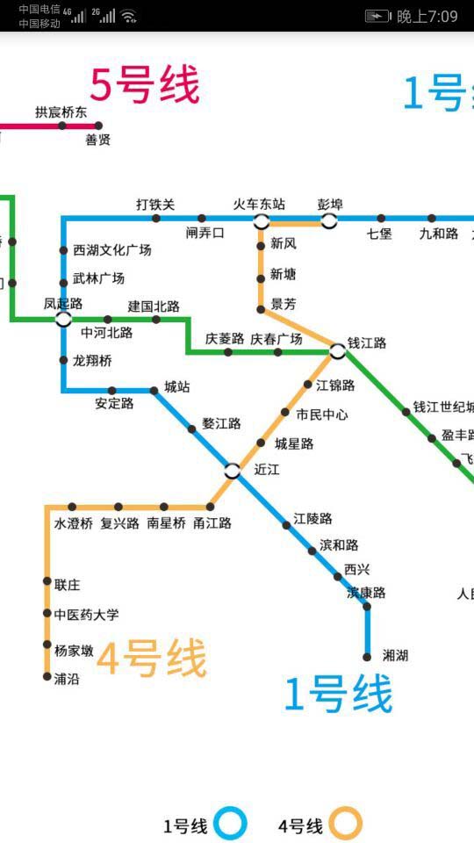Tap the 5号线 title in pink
click(x=145, y=85)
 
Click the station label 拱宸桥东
click(x=61, y=112)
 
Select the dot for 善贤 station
click(x=98, y=126)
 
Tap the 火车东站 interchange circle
click(x=261, y=219)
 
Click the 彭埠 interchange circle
click(x=329, y=219)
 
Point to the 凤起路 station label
click(x=63, y=304)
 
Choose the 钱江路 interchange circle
click(x=338, y=352)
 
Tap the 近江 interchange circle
click(x=233, y=471)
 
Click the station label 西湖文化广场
click(x=111, y=250)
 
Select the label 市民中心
click(x=321, y=414)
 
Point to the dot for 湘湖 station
click(x=367, y=656)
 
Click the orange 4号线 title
click(x=151, y=659)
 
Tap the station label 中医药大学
click(x=86, y=615)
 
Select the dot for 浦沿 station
click(x=47, y=676)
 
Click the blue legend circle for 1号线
click(x=231, y=825)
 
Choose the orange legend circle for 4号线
click(x=346, y=825)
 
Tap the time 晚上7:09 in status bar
click(x=427, y=16)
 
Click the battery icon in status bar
click(x=377, y=16)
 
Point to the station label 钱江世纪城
click(x=443, y=407)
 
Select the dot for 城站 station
click(x=154, y=390)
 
